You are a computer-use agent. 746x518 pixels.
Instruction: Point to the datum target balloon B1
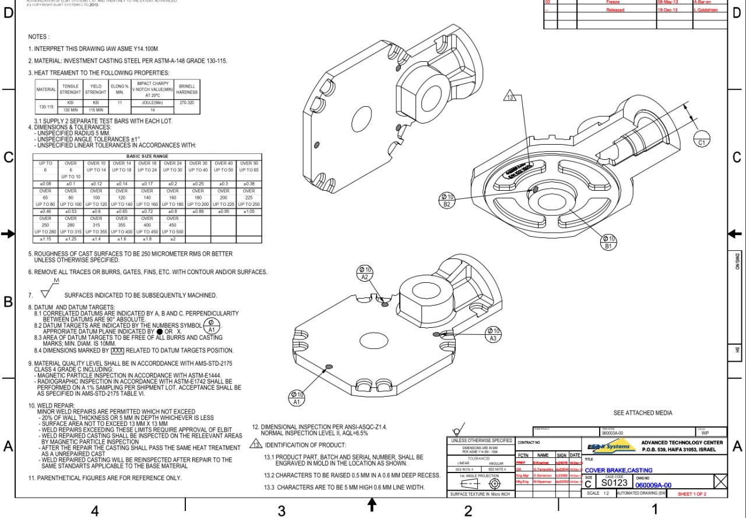[608, 242]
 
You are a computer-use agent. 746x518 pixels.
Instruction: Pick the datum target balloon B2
[447, 200]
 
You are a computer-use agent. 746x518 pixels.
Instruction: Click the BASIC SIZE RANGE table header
[147, 156]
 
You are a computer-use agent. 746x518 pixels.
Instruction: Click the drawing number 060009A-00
[653, 485]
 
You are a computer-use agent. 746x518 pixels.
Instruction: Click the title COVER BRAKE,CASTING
[618, 470]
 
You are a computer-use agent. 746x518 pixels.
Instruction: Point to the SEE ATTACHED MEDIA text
[643, 413]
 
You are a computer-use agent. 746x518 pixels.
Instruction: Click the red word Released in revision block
[615, 10]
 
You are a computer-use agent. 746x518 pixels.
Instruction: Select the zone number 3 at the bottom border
[281, 511]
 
